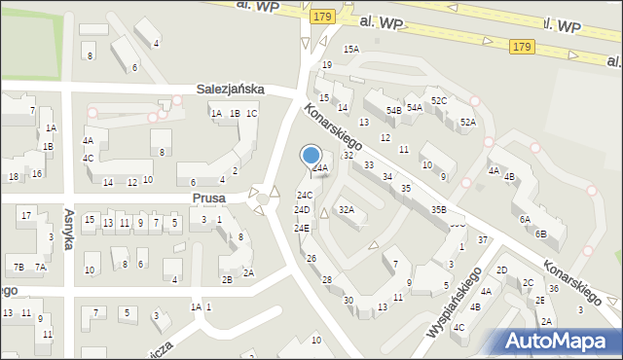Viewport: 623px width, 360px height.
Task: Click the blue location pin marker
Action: tap(311, 156)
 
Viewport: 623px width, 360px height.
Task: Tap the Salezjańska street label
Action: tap(231, 89)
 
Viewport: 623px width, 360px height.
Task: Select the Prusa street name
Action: tap(209, 198)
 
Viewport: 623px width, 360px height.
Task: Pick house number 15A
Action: tap(350, 49)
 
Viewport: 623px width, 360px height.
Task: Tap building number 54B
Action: tap(393, 111)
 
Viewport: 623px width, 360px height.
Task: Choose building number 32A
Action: tap(346, 209)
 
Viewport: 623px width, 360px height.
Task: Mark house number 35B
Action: tap(438, 209)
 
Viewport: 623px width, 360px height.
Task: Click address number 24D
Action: tap(303, 210)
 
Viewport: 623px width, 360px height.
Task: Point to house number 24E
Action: tap(302, 228)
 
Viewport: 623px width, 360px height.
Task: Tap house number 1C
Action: tap(251, 114)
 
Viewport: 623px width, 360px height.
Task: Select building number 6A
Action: tap(525, 220)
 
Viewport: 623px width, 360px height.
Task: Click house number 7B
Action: tap(18, 267)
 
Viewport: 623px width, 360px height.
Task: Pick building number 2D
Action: tap(502, 270)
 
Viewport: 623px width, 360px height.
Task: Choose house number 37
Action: tap(483, 239)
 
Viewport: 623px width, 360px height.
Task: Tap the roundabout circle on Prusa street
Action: tap(262, 199)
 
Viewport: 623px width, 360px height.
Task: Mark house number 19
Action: tap(327, 65)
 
